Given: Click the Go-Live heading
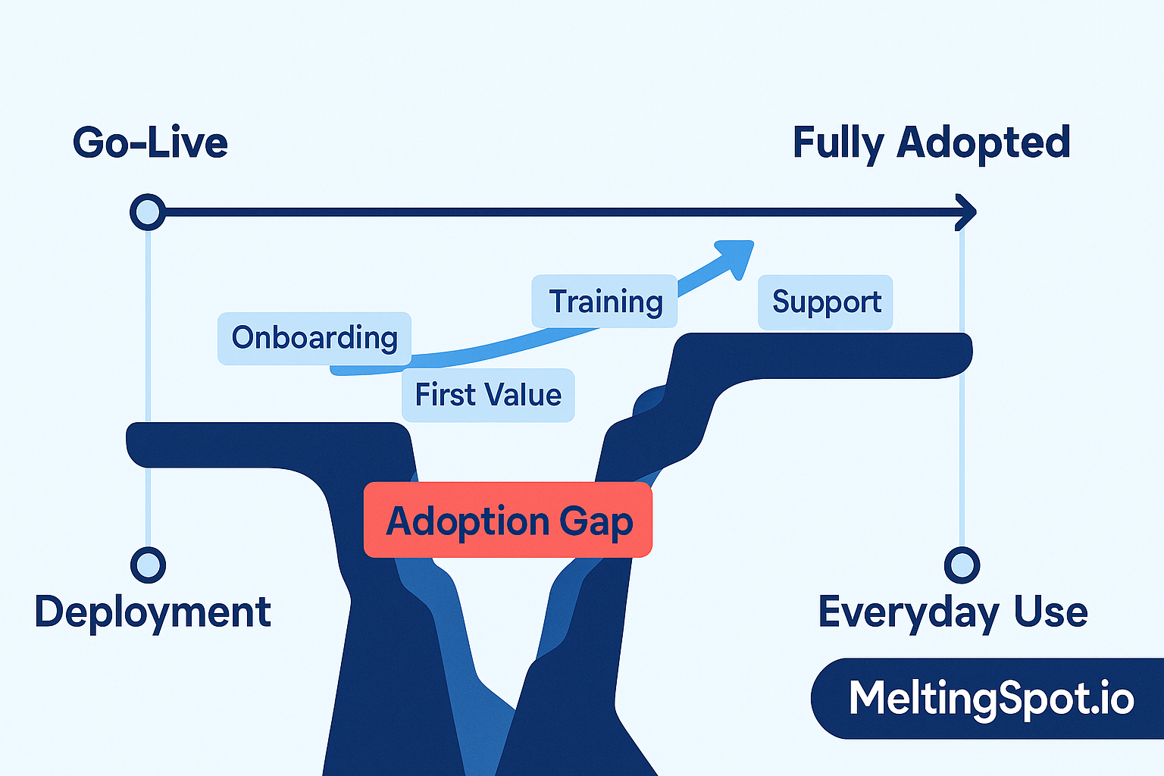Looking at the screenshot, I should (x=150, y=142).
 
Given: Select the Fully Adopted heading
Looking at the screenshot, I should (x=931, y=142).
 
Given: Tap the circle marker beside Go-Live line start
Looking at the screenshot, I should (x=148, y=212).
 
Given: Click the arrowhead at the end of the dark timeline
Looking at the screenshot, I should (x=966, y=212).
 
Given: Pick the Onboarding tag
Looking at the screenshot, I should (x=314, y=338).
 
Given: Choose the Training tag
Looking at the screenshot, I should (x=605, y=302).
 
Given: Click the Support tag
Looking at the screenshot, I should (x=825, y=302).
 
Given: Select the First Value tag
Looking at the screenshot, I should (x=488, y=395).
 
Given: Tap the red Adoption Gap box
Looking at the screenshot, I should (x=508, y=521).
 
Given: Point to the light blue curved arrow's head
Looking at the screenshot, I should (x=735, y=256).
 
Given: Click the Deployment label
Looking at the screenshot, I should (x=152, y=612).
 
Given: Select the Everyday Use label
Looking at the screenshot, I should (x=953, y=612).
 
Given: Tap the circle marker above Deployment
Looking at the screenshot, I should (x=148, y=565).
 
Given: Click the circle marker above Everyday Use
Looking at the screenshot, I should (x=962, y=565).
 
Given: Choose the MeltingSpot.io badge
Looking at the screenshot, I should (x=989, y=698).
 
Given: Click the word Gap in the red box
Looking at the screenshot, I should (x=596, y=521).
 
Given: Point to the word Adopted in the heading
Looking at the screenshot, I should (x=983, y=142).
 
